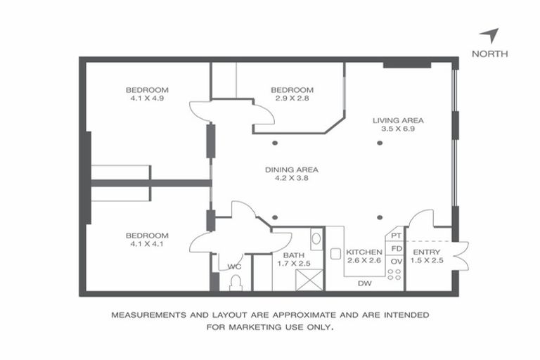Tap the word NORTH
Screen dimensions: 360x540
pos(490,54)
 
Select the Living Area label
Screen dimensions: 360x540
pos(398,120)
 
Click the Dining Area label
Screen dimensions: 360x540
pos(292,169)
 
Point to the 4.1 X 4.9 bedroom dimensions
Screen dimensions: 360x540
pos(147,98)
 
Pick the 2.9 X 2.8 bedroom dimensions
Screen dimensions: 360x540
pos(292,98)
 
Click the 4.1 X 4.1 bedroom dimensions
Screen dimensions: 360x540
pos(147,245)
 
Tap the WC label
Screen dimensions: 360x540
pos(234,267)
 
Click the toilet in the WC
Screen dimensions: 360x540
pos(236,283)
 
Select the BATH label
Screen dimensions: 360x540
pos(293,255)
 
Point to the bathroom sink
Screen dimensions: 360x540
pos(316,239)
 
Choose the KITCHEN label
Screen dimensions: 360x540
pos(365,252)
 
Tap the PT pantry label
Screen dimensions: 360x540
pos(397,236)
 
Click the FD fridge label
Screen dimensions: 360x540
pos(397,249)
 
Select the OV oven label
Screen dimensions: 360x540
pos(397,262)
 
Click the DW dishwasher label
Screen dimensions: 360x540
pos(364,284)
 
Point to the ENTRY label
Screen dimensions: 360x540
pos(427,252)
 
